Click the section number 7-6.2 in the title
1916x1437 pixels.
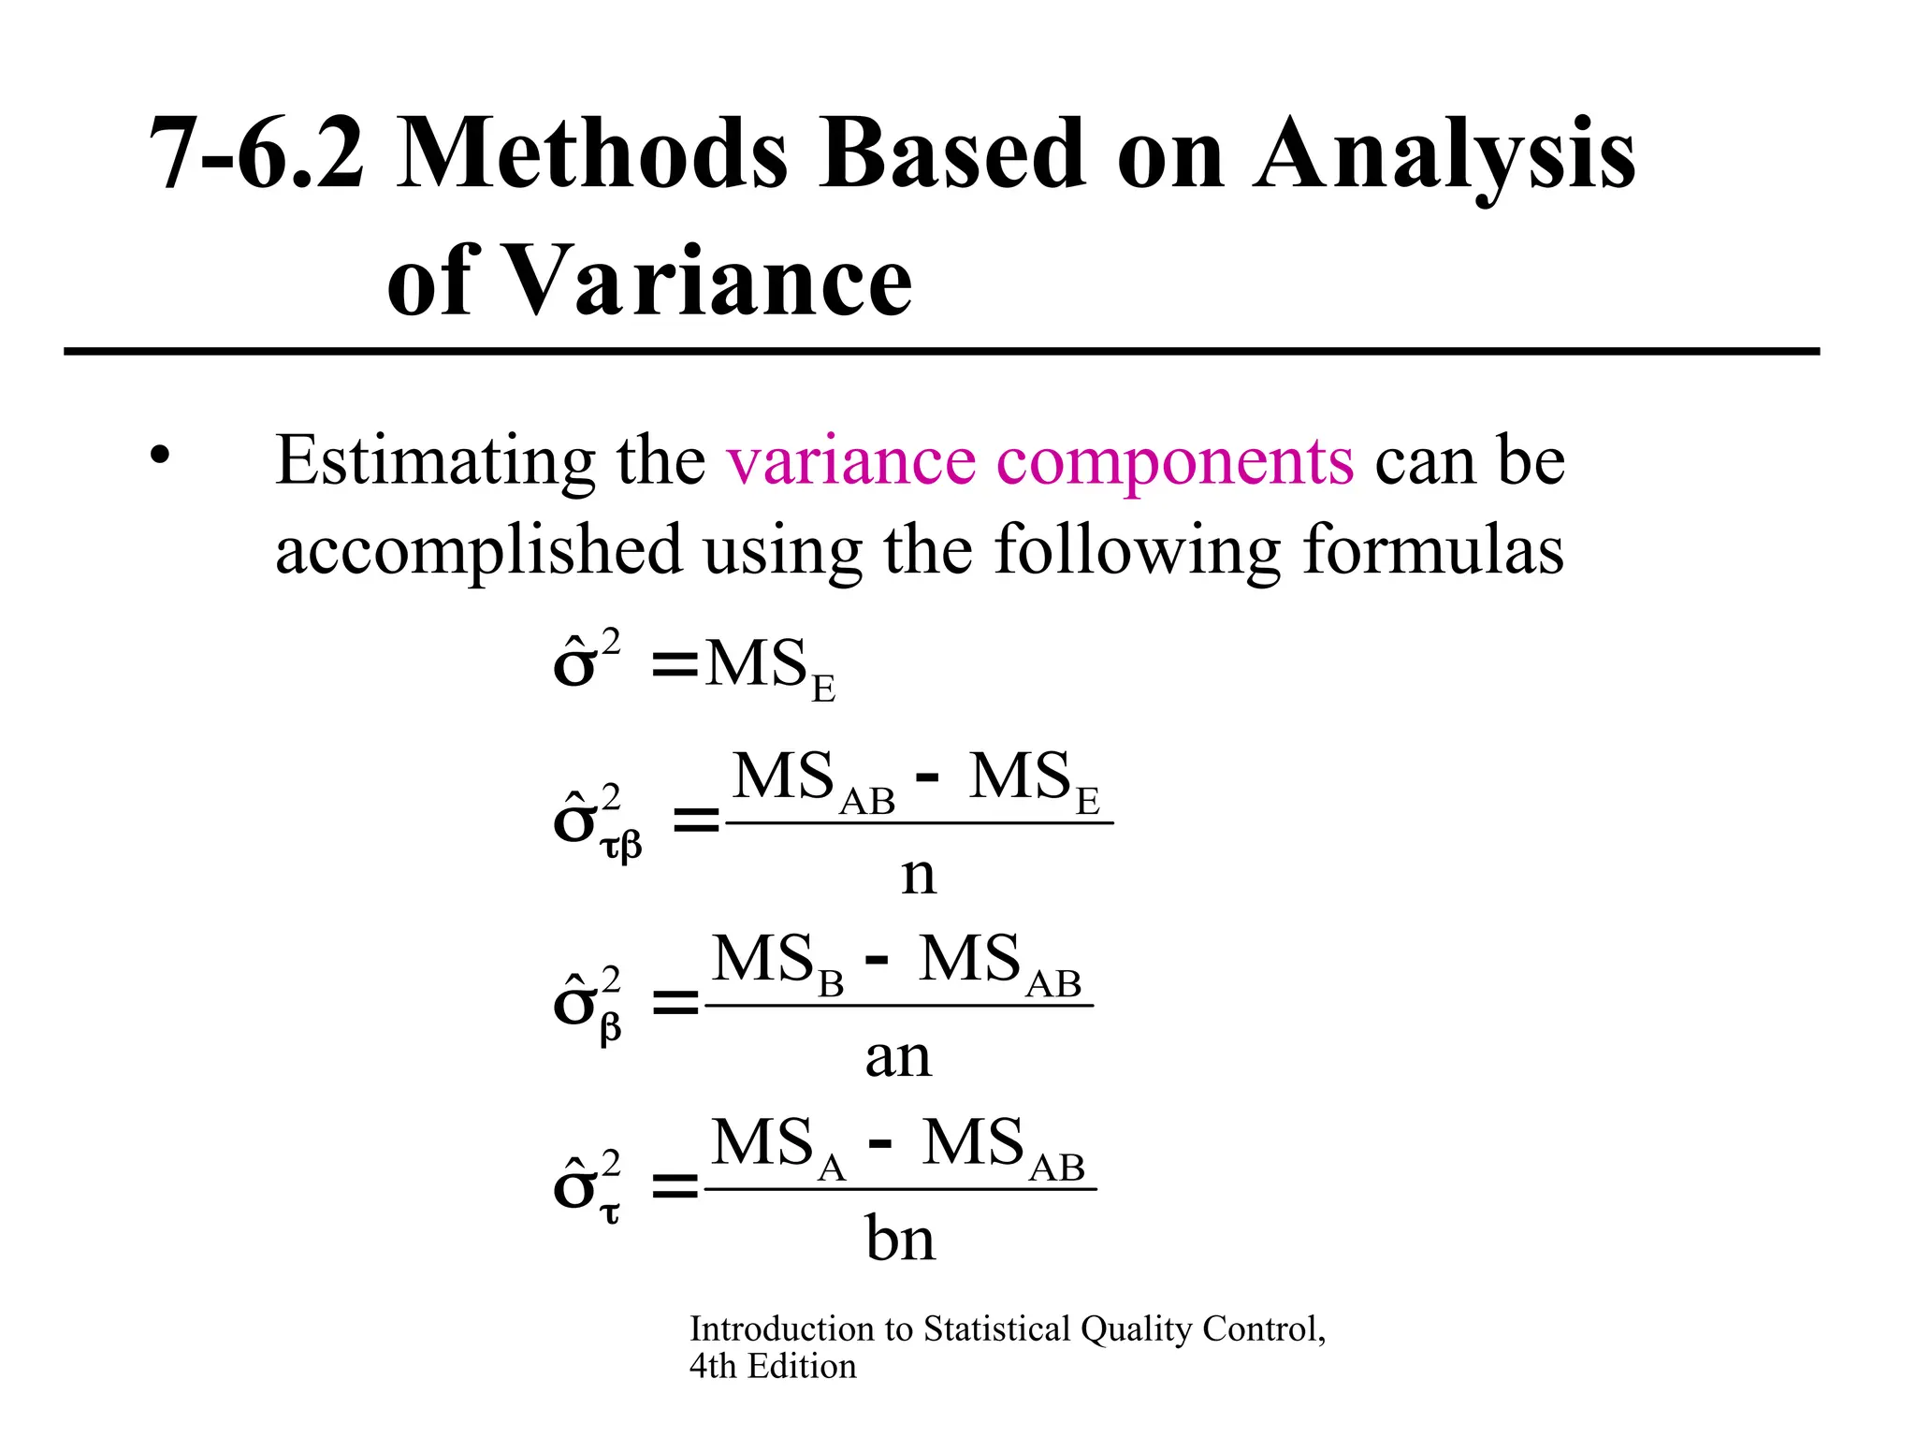pos(255,153)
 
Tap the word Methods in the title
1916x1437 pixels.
pos(592,153)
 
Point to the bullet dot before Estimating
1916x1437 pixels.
pos(160,456)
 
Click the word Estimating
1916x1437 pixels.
pos(435,462)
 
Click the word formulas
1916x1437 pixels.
pos(1432,549)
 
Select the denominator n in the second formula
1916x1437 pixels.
pos(918,876)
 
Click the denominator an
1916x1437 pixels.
pos(898,1057)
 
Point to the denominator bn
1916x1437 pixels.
pos(900,1239)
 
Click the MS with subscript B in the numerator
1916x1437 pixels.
pos(777,962)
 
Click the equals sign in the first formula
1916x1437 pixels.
pos(675,666)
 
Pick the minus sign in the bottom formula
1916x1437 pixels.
pos(879,1143)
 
